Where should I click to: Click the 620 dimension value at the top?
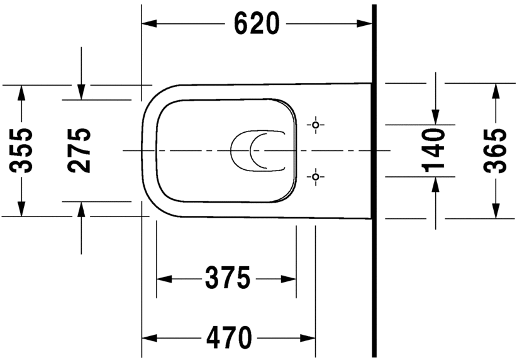tap(256, 24)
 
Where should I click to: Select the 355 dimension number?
tap(23, 150)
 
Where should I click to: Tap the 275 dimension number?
tap(80, 150)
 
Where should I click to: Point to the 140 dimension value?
tap(435, 150)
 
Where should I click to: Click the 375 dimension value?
tap(226, 278)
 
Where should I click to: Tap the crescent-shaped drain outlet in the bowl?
tap(248, 151)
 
